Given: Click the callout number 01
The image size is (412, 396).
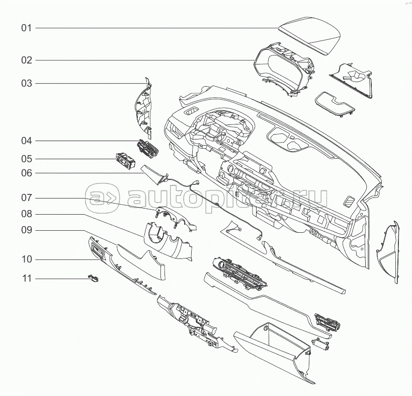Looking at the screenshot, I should coord(26,28).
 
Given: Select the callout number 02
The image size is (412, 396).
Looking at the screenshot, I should coord(26,60).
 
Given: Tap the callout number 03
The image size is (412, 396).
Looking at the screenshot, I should coord(26,83).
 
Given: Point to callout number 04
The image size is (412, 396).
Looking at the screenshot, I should coord(26,141).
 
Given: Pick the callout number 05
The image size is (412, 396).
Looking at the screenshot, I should coord(26,159).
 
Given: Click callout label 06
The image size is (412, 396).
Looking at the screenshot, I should coord(26,173).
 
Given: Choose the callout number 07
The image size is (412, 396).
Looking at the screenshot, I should coord(26,197).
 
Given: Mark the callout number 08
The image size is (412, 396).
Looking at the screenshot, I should coord(26,214).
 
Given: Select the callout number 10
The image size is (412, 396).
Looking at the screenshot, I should coord(26,259).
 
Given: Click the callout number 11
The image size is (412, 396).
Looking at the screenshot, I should coord(26,278).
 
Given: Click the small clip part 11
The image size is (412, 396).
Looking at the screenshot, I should coord(94,277).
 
